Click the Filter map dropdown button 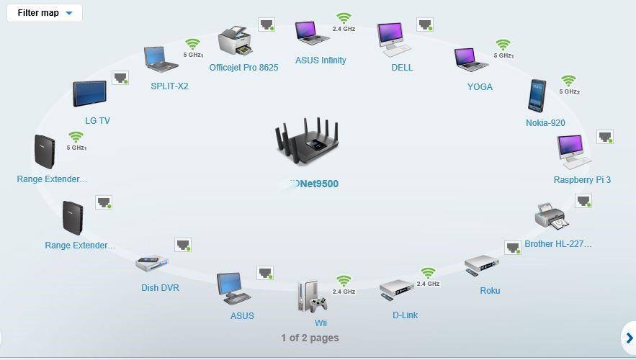[x=45, y=13]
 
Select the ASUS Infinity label [x=321, y=60]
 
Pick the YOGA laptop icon [x=471, y=60]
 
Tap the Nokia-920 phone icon [x=537, y=96]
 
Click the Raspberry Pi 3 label [x=582, y=179]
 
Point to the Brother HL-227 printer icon [x=552, y=217]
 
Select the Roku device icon [x=481, y=264]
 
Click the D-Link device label [x=405, y=315]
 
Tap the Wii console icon [x=312, y=296]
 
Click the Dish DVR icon [x=151, y=264]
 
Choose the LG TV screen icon [x=89, y=94]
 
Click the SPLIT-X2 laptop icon [x=161, y=59]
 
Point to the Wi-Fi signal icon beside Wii [x=344, y=281]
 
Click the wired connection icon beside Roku [x=512, y=248]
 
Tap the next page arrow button [x=628, y=338]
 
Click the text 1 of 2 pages [x=310, y=338]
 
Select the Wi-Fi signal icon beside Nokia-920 [x=568, y=81]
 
